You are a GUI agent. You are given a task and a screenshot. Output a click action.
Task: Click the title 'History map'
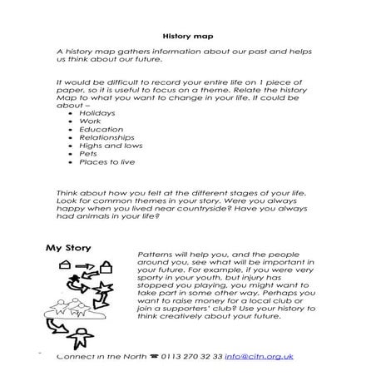pos(187,37)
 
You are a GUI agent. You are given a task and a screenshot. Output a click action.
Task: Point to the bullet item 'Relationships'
pos(104,141)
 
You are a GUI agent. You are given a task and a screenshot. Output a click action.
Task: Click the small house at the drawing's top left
pos(65,265)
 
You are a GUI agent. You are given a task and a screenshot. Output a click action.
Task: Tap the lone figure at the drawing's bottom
pos(82,339)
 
